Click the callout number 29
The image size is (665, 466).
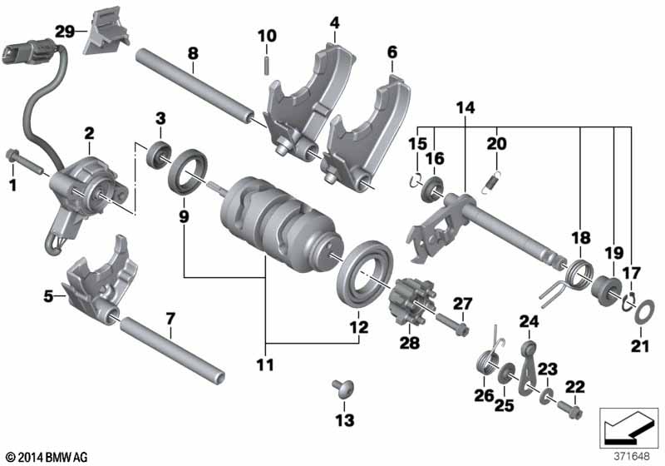(66, 31)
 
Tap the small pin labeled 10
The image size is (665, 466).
(267, 67)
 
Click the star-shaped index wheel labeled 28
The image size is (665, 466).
(410, 300)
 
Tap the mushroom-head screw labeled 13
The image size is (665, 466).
(343, 388)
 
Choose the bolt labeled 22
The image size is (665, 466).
(568, 409)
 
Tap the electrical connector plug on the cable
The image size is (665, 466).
(28, 52)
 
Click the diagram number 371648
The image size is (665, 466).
(631, 456)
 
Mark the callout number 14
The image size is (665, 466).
(465, 107)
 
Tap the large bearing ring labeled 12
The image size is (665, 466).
(366, 273)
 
